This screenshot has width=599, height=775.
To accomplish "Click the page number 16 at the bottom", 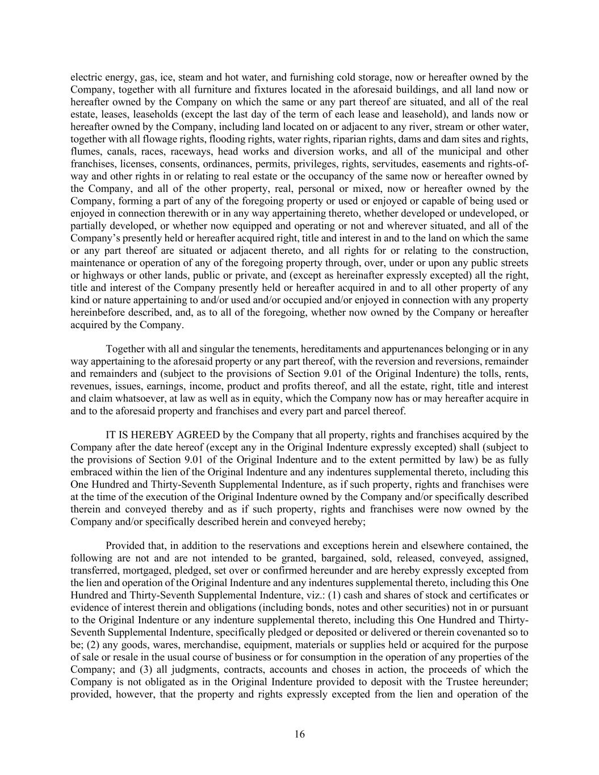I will (299, 734).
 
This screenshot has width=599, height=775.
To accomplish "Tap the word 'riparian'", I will (345, 139).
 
